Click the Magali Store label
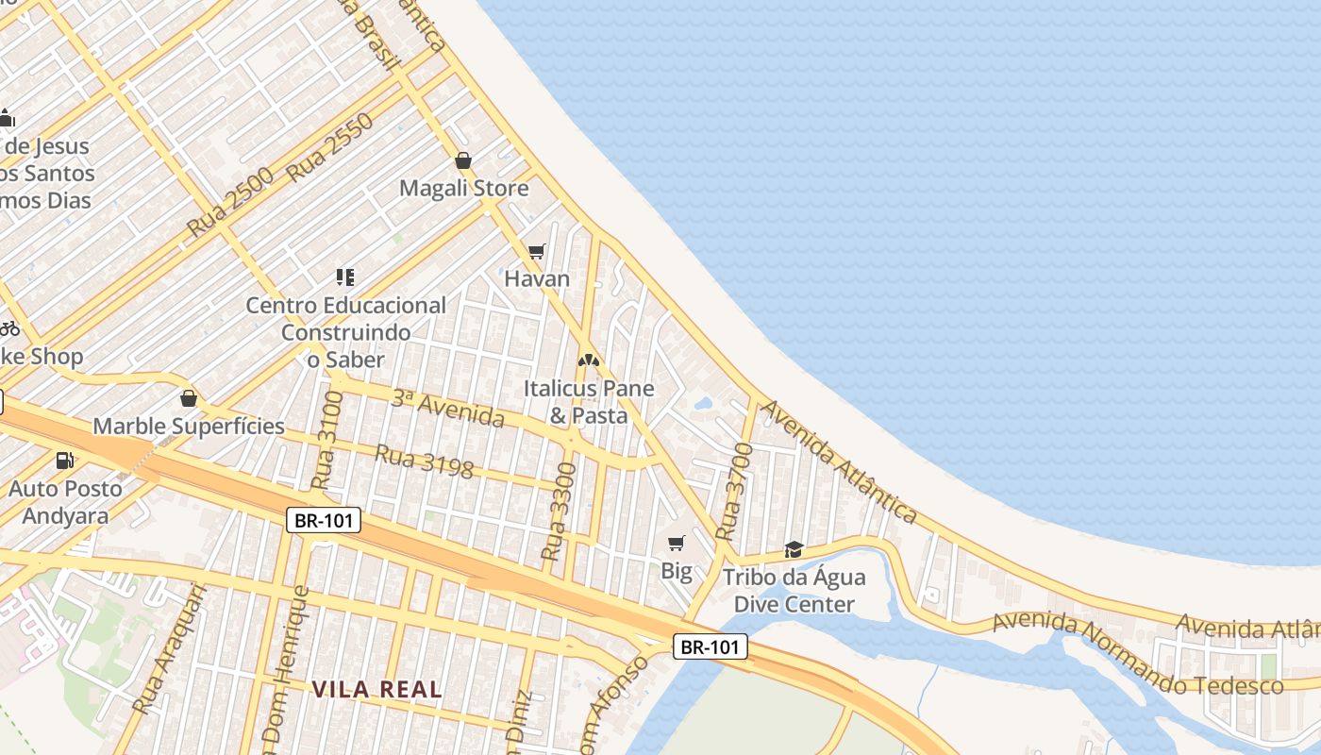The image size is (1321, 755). click(463, 188)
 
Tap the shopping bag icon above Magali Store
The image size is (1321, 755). click(463, 160)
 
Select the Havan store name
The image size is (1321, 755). click(537, 278)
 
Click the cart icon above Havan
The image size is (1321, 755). click(537, 251)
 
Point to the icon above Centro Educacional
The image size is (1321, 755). click(344, 277)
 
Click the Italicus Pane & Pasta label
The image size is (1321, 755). click(589, 401)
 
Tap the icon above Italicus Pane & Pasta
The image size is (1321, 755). click(589, 361)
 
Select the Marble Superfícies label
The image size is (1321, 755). click(189, 426)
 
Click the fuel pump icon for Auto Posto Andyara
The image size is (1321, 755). click(65, 461)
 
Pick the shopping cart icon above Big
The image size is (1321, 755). click(676, 543)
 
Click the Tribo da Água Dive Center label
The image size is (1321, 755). click(794, 591)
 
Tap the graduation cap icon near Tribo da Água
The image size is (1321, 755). click(794, 549)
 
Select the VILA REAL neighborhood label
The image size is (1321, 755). click(377, 689)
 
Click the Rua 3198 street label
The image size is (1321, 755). click(424, 461)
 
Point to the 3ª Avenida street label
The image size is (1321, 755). click(447, 408)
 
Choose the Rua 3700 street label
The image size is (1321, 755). click(734, 492)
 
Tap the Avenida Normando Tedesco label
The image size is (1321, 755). click(1137, 653)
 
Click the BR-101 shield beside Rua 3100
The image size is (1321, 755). click(324, 520)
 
